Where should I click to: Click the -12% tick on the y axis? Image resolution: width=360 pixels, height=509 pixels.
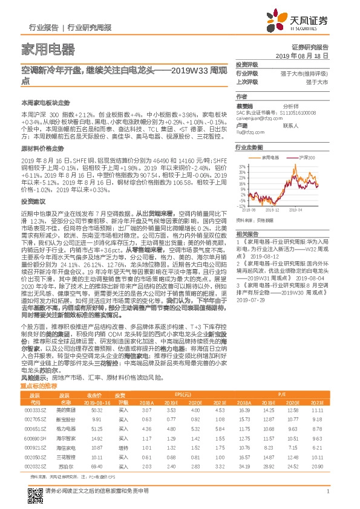tap(241, 206)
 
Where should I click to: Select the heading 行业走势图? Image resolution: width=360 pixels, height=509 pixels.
tap(249, 148)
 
